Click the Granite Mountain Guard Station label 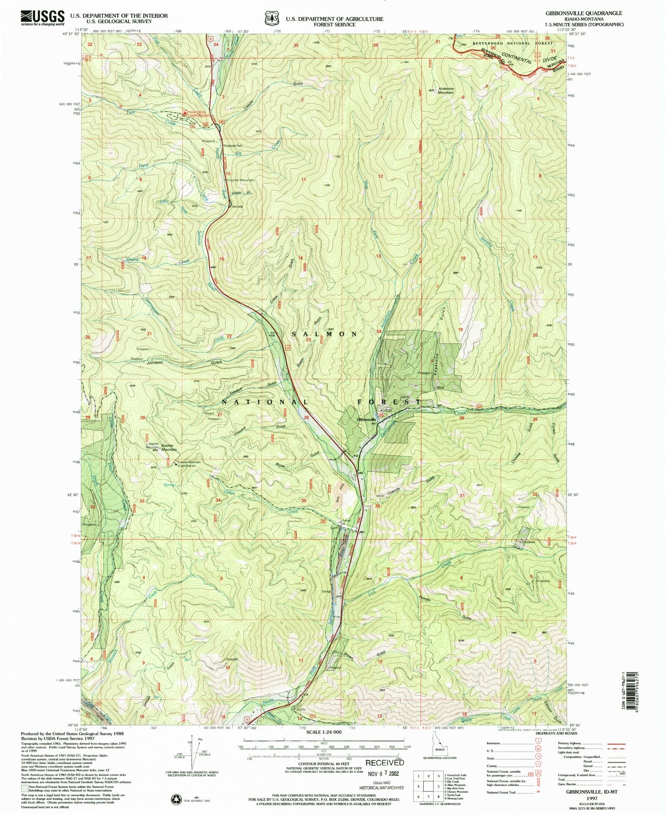tap(189, 464)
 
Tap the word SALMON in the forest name tap(324, 334)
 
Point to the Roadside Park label tap(233, 146)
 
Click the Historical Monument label tap(241, 180)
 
